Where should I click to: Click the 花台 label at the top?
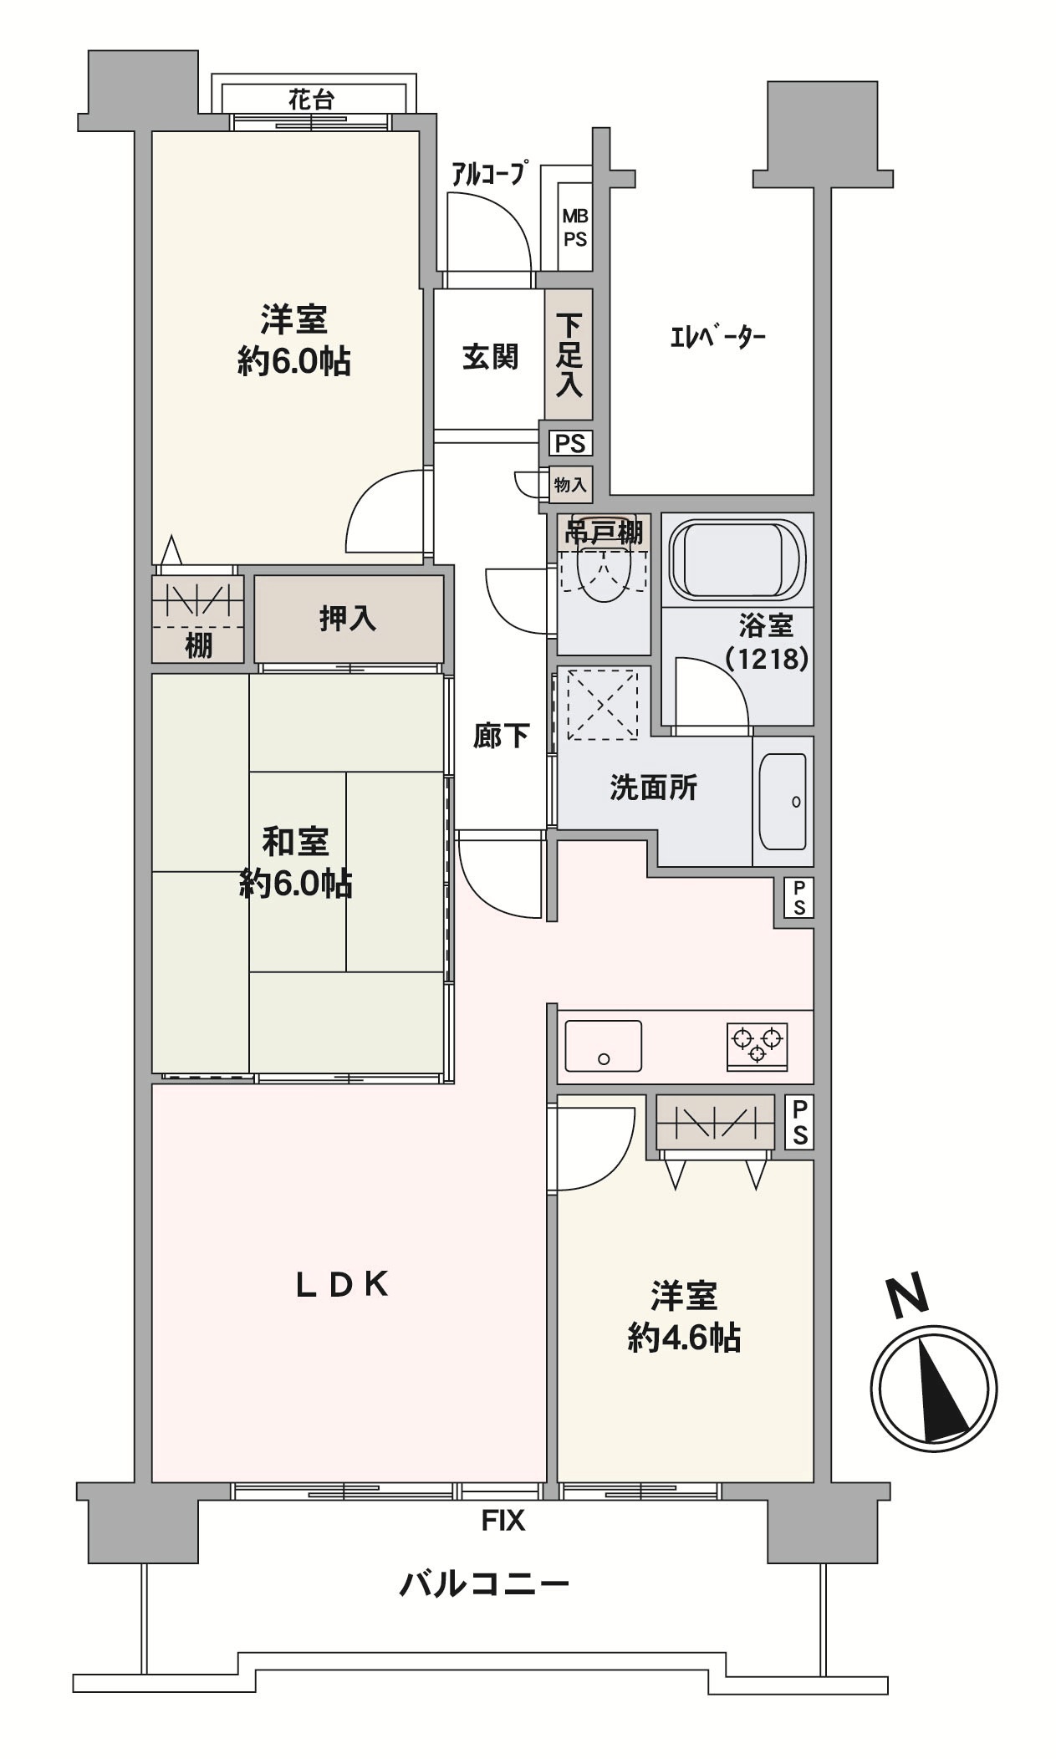point(311,100)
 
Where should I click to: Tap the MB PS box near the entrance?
point(574,227)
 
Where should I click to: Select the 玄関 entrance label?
point(490,357)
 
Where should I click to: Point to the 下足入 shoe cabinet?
point(569,354)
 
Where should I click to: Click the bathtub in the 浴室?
point(737,558)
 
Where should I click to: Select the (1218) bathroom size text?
point(767,660)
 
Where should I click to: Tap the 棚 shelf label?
point(198,645)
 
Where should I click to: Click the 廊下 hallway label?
point(500,736)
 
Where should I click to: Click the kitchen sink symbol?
point(604,1046)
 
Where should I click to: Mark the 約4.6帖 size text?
point(684,1338)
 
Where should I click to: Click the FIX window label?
point(503,1521)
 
